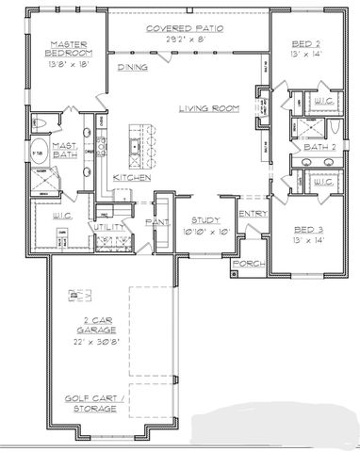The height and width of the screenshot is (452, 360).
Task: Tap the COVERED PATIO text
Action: tap(185, 29)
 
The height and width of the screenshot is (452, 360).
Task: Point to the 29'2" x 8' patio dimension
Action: tap(185, 40)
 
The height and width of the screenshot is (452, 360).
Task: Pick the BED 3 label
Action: tap(307, 230)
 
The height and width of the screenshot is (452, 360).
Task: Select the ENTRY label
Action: tap(252, 215)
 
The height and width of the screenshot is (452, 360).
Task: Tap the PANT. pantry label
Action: tap(156, 222)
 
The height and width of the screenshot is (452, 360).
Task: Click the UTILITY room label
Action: tap(103, 227)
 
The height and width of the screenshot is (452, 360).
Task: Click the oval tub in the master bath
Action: tap(40, 153)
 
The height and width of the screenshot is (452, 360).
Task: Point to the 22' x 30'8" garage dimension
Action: tap(99, 344)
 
